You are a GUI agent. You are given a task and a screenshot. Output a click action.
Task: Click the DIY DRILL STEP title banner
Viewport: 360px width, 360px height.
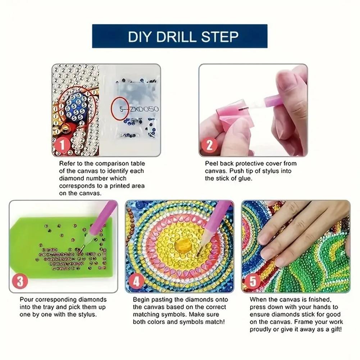(180, 36)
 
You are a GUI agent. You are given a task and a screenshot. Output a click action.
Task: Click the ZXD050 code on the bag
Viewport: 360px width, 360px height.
(144, 108)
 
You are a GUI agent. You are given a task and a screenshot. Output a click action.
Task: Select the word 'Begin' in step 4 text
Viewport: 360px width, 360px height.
(141, 300)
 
